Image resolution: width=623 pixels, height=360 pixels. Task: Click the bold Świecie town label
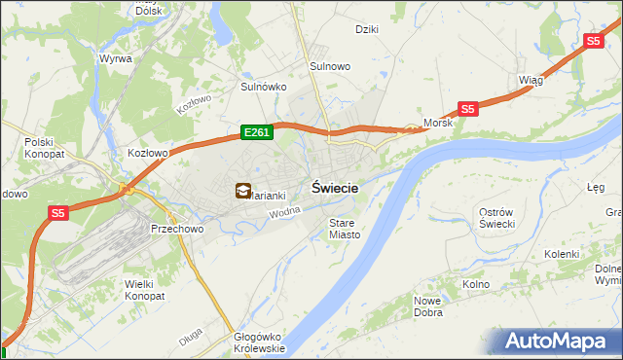click(335, 189)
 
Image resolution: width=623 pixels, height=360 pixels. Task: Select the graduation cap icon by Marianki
click(241, 192)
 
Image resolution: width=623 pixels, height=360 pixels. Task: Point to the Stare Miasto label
click(344, 229)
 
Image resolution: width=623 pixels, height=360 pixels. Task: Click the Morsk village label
click(438, 124)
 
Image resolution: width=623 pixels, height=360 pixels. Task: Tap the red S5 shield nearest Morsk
click(468, 110)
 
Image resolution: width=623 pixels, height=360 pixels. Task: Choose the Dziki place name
click(367, 29)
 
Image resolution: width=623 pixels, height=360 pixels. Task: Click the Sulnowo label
click(330, 66)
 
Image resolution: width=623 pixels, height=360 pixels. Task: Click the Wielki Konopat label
click(145, 289)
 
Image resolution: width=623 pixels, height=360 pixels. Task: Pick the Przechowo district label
click(175, 229)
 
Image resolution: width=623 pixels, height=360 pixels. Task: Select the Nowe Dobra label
click(429, 306)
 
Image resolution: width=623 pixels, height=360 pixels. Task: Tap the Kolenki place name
click(562, 254)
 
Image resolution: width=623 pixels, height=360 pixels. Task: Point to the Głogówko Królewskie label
click(259, 342)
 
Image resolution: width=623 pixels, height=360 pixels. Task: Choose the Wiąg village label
click(531, 81)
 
